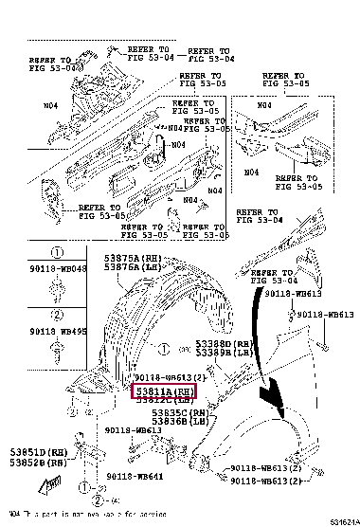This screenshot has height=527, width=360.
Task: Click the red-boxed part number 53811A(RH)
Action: (x=162, y=390)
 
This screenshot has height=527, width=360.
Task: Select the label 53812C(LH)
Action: (x=162, y=400)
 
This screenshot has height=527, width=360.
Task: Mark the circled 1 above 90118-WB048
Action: (x=56, y=253)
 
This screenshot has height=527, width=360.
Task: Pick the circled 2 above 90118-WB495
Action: (x=56, y=314)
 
